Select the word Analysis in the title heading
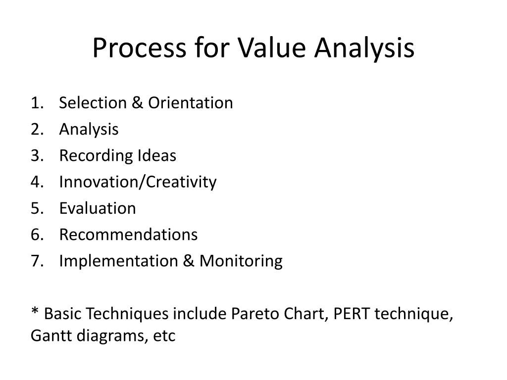pos(365,48)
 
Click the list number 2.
pos(35,129)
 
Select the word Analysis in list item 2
pos(89,129)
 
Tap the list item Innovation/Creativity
pos(138,182)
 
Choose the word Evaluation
pos(98,208)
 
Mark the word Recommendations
pos(128,235)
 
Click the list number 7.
pos(35,261)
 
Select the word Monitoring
pos(241,261)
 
